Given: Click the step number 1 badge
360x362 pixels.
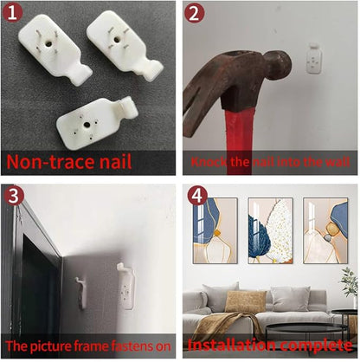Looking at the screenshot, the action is tap(12, 12).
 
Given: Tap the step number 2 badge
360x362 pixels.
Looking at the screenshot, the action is tap(195, 12).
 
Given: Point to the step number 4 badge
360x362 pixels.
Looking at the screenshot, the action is tap(197, 196).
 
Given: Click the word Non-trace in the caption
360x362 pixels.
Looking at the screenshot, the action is tap(49, 162).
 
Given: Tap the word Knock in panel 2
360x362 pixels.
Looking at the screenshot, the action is tap(209, 162).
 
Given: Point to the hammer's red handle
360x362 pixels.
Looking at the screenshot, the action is tap(241, 140).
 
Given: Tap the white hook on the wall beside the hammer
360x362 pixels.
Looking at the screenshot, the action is tap(314, 58).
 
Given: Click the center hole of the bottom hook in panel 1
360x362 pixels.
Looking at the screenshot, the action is tap(87, 125).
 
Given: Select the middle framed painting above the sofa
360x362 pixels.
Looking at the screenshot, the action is tap(270, 230).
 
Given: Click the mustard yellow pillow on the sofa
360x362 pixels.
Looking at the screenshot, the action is tap(246, 302).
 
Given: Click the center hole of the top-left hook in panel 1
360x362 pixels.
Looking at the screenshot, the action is tap(48, 44).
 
